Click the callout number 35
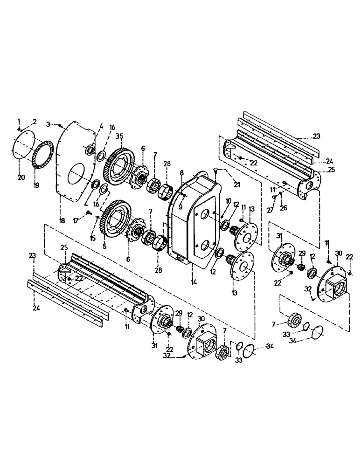coord(119,136)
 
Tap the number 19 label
coord(37,185)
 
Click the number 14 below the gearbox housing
coord(193,282)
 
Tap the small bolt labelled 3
coord(61,125)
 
